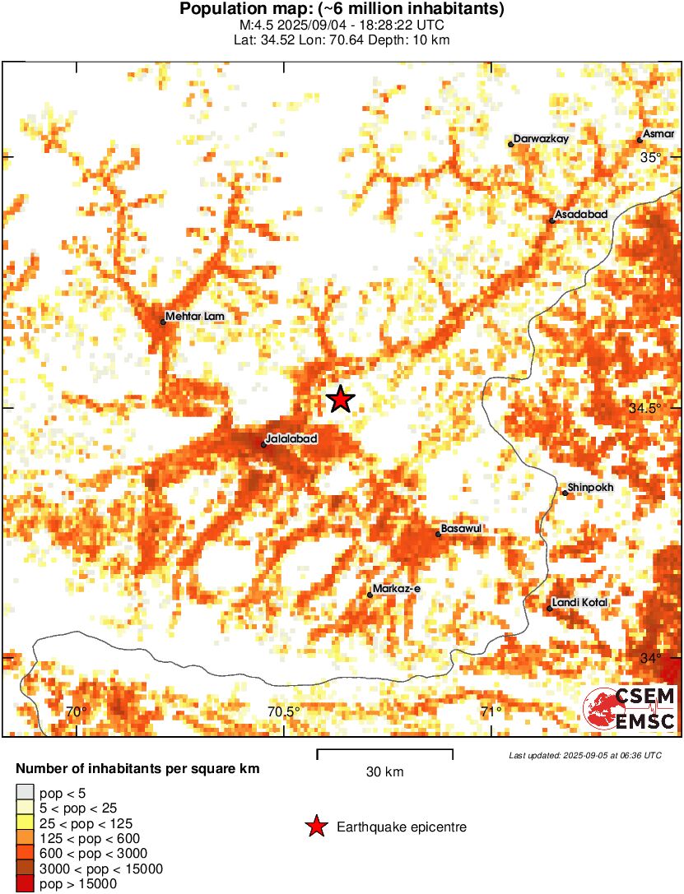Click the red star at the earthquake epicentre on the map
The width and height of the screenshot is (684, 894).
pos(340,399)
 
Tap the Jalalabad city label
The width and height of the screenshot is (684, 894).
pos(291,439)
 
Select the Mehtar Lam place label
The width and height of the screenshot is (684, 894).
pos(194,316)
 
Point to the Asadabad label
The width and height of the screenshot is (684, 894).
pos(581,215)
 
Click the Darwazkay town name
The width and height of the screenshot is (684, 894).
pos(542,139)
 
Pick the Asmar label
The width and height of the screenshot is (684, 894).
pos(660,134)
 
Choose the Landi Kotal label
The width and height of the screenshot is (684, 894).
pos(580,603)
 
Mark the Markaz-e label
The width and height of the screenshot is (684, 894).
pos(397,588)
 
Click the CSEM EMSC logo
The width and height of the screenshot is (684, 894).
pos(630,709)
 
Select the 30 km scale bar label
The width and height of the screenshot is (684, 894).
pos(384,772)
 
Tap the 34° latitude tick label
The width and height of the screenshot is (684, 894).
pos(651,658)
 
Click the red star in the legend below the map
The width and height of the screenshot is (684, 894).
pos(315,827)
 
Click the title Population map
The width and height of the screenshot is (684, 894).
pos(342,10)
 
